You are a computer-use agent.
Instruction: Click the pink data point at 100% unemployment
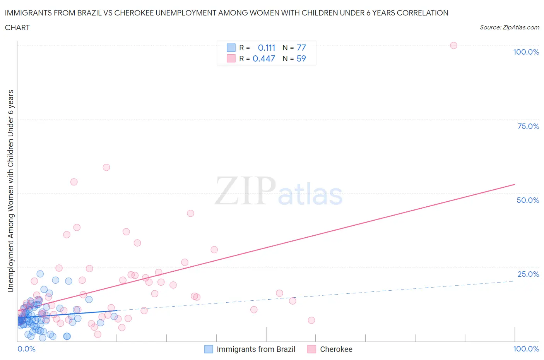pos(453,45)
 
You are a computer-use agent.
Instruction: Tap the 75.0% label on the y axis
pos(528,126)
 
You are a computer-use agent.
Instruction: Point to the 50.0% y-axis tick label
pos(528,200)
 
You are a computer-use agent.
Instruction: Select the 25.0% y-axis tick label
pos(528,274)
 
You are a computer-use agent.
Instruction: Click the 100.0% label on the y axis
pos(526,52)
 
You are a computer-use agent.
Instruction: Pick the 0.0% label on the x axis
pos(26,349)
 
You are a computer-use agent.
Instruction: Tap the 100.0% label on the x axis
pos(526,349)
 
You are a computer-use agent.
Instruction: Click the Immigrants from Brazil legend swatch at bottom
pos(209,349)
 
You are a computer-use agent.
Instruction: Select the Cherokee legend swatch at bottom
pos(312,349)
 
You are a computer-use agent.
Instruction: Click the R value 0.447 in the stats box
pos(263,58)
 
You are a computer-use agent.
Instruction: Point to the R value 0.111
pos(266,48)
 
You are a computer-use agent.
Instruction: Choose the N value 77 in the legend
pos(301,48)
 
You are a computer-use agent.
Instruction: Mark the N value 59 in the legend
pos(301,58)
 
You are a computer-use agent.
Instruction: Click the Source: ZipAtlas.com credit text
pos(509,27)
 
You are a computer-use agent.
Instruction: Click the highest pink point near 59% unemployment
pos(106,167)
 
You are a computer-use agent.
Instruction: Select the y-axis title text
pos(10,191)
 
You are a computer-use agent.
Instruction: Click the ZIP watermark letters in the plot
pos(245,191)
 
